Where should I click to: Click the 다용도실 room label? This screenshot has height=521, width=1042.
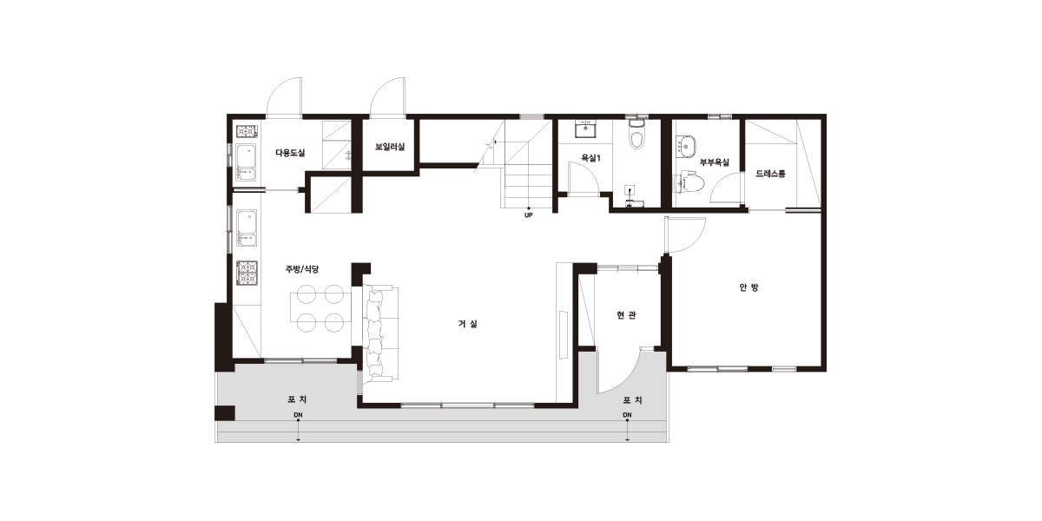click(x=290, y=153)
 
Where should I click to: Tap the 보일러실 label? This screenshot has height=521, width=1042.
click(x=390, y=147)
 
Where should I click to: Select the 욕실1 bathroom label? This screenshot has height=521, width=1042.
click(x=590, y=158)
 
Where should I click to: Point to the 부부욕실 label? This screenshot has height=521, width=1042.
click(x=715, y=162)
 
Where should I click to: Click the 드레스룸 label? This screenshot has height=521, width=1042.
click(x=770, y=174)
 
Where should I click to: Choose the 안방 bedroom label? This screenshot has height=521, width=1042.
click(x=749, y=287)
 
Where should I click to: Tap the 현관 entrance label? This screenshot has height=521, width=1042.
click(x=626, y=315)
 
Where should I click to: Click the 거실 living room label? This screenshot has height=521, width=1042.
click(x=467, y=324)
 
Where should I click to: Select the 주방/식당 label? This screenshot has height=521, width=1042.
click(x=302, y=269)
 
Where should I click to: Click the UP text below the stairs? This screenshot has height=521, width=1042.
click(x=529, y=215)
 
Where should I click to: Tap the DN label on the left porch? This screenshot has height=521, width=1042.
click(x=298, y=415)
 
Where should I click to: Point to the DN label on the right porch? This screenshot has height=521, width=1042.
click(x=627, y=415)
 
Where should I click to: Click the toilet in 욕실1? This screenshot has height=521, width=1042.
click(x=636, y=134)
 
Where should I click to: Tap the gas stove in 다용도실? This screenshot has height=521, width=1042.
click(x=247, y=132)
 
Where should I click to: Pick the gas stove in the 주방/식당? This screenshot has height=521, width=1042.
click(x=247, y=273)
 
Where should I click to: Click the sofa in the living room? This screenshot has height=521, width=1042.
click(x=381, y=333)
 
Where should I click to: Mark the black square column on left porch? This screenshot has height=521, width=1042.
click(x=225, y=413)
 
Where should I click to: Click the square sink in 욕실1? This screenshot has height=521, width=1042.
click(x=585, y=129)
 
